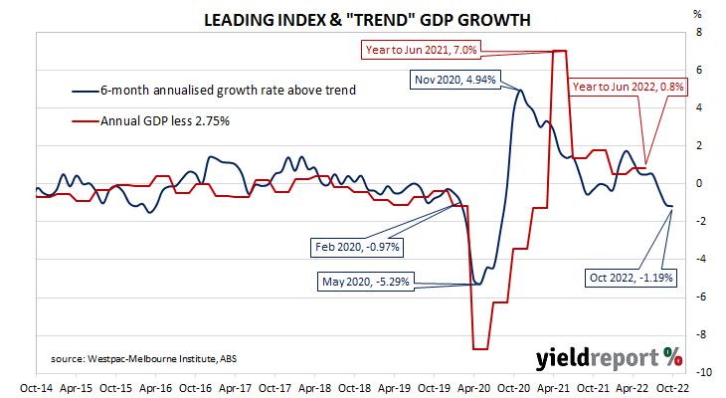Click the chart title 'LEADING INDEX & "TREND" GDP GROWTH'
click(x=367, y=20)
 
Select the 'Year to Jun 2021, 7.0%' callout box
click(x=421, y=50)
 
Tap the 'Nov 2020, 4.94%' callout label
click(x=455, y=80)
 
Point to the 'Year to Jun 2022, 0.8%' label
click(x=628, y=87)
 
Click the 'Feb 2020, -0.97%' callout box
click(x=357, y=247)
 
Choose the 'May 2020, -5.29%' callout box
click(x=366, y=282)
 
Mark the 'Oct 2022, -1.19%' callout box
click(x=631, y=278)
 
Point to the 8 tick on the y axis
click(x=699, y=33)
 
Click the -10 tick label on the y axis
click(x=703, y=372)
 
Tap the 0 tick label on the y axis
click(x=699, y=183)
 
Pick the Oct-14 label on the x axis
click(x=36, y=388)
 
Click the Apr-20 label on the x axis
click(x=473, y=388)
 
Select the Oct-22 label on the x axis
click(x=672, y=388)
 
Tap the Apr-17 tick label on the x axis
click(x=236, y=388)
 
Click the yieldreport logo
click(x=609, y=358)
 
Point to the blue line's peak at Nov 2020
click(x=520, y=90)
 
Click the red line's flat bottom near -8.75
click(x=480, y=349)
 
